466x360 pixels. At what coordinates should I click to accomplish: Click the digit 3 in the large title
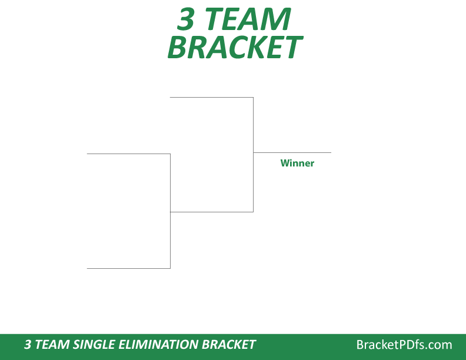point(187,19)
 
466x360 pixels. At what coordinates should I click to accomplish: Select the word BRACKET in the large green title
point(234,48)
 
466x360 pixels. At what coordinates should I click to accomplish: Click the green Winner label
point(297,163)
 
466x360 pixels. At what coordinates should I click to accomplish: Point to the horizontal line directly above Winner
point(292,152)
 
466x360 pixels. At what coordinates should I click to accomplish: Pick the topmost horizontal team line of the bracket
point(211,97)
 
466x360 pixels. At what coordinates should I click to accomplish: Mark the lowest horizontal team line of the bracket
point(128,268)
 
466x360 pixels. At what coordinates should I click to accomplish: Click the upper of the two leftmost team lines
point(128,154)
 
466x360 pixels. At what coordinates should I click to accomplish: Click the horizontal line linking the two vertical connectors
point(211,212)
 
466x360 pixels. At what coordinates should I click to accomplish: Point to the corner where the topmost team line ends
point(253,97)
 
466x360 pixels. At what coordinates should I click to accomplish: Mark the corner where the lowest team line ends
point(170,268)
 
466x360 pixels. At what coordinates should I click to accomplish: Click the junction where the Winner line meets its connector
point(253,152)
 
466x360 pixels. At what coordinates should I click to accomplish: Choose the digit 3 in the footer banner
point(28,345)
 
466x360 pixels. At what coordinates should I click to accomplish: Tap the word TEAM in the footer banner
point(50,345)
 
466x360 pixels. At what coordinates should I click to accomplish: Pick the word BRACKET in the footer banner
point(229,345)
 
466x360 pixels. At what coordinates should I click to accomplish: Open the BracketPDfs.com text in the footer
point(404,345)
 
